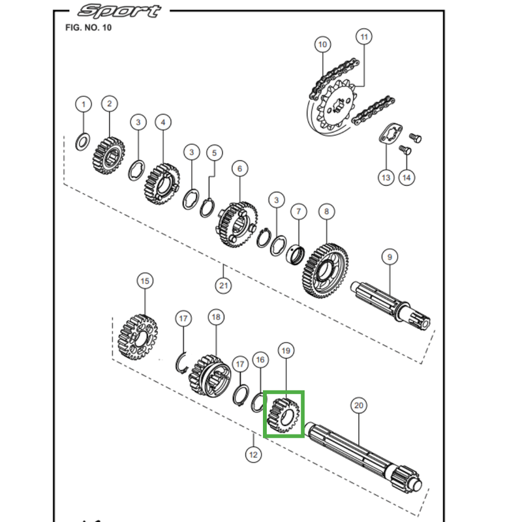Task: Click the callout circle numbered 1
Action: tap(83, 104)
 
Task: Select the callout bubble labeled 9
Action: tap(389, 257)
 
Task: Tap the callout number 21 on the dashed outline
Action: tap(223, 285)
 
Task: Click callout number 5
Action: tap(213, 153)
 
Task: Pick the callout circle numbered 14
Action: tap(407, 177)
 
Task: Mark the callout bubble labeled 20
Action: tap(358, 405)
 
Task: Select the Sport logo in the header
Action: tap(118, 11)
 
